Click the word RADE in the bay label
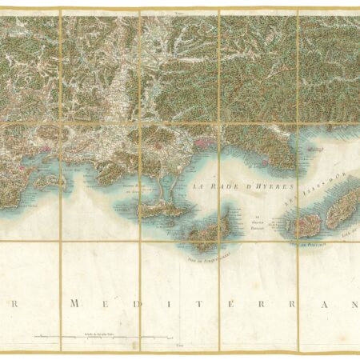(218, 185)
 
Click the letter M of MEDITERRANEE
(74, 305)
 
